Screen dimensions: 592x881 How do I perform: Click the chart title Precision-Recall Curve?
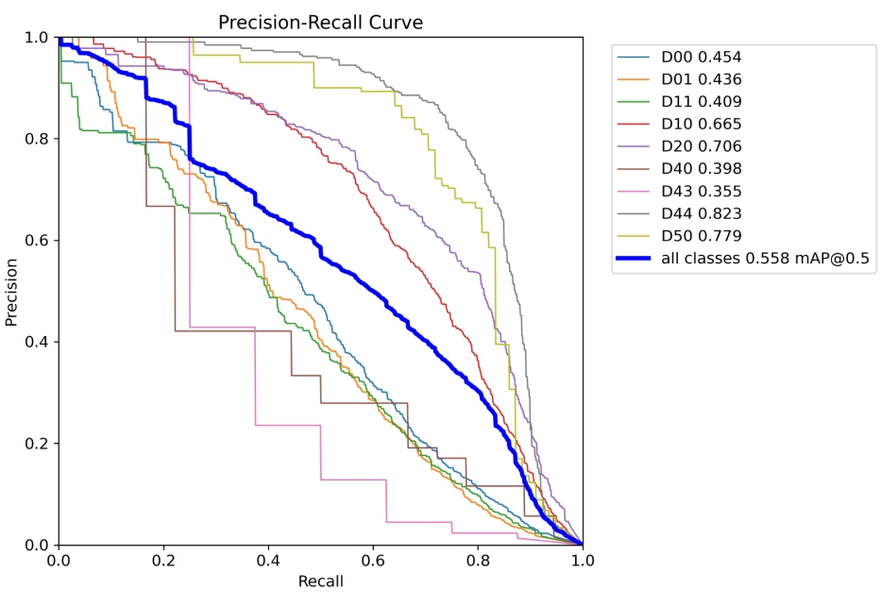[320, 21]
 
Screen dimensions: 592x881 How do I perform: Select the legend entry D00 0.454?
[702, 57]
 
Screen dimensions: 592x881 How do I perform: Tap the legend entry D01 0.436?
[702, 79]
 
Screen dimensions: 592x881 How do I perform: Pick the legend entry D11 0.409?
[702, 102]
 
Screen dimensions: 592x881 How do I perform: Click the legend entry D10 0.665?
[702, 124]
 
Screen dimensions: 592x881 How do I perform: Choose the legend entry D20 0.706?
[702, 146]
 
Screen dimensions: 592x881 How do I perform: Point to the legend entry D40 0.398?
[702, 169]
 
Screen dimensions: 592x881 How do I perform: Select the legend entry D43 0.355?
[702, 192]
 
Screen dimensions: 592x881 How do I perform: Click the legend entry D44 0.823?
[702, 213]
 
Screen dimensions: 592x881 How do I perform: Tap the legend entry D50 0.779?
[702, 236]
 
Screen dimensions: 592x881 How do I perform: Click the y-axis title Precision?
[12, 291]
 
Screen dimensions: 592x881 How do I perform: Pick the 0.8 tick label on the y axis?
[36, 139]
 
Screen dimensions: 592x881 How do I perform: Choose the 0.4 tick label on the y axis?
[36, 342]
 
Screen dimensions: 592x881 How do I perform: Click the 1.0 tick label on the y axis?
[36, 37]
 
